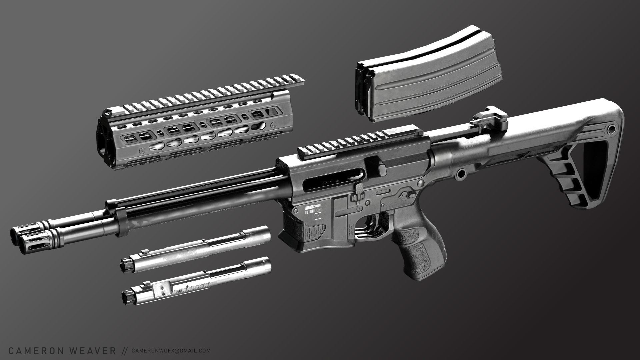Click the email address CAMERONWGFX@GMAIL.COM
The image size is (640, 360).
(171, 351)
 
